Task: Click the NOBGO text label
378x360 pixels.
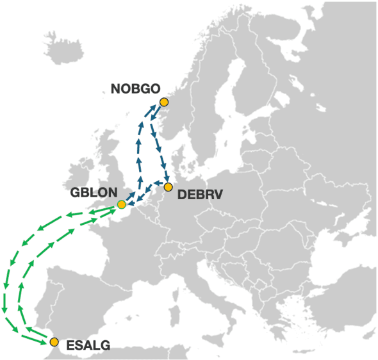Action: tap(135, 89)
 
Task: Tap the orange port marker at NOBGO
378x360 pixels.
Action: tap(163, 102)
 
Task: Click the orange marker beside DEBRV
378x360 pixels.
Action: tap(168, 187)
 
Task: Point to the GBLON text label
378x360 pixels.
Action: tap(94, 192)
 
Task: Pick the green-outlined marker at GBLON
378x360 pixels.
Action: tap(121, 204)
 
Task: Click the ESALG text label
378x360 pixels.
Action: tap(87, 346)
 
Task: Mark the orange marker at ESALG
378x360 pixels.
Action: tap(54, 341)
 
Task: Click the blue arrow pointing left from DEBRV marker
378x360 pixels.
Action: tap(158, 183)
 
